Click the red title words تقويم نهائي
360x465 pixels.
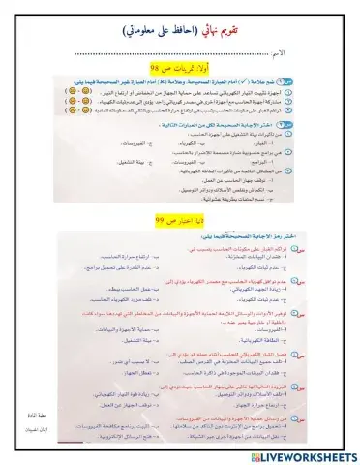coord(225,30)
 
